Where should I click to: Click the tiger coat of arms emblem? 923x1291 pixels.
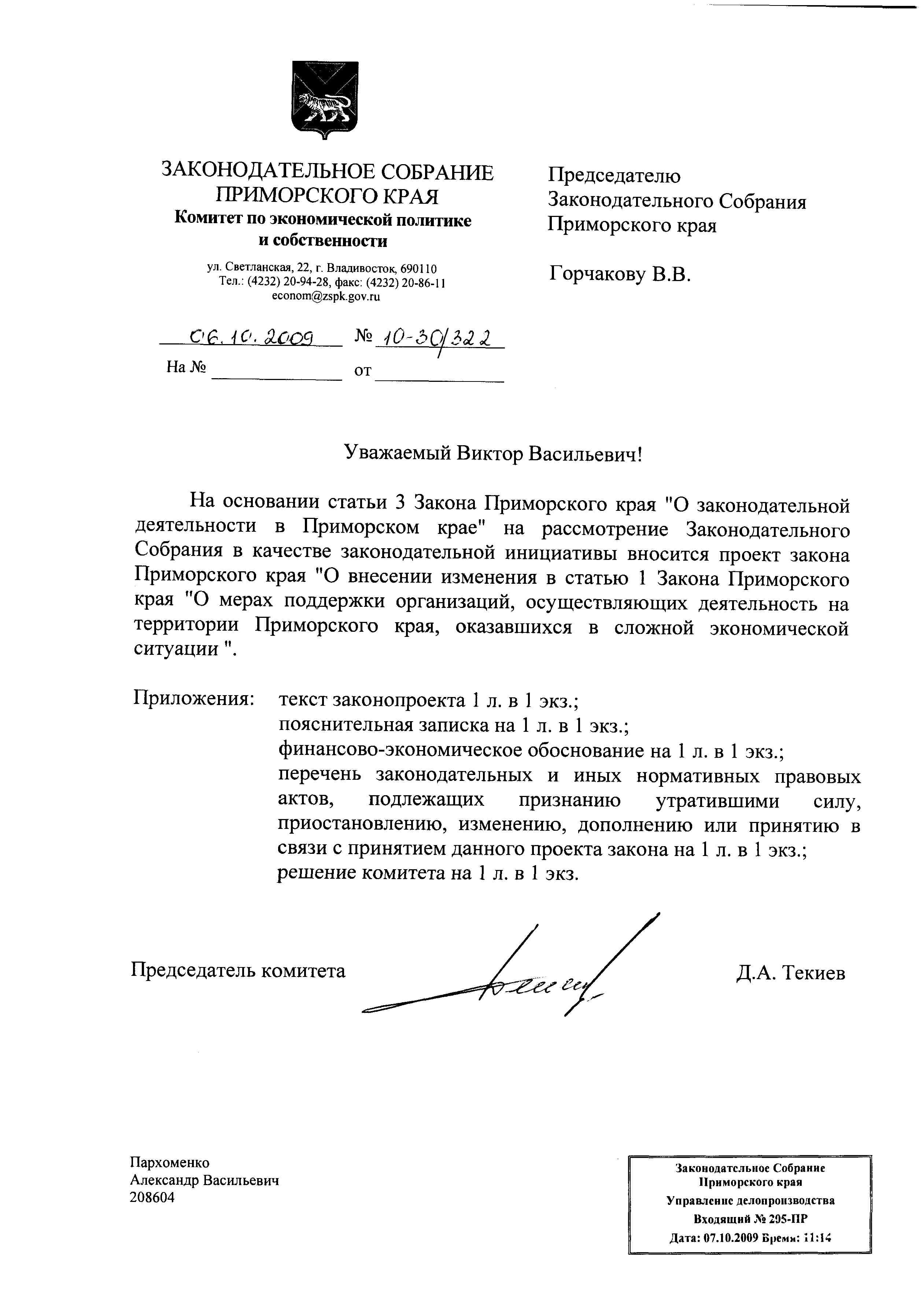tap(325, 99)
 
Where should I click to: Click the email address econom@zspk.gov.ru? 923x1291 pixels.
tap(326, 296)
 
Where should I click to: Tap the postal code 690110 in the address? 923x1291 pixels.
tap(419, 268)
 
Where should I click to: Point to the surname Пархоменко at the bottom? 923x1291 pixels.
tap(169, 1162)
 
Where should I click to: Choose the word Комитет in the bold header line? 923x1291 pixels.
tap(207, 220)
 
